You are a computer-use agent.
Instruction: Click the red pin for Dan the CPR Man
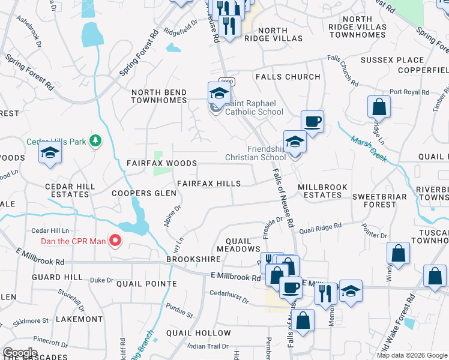coord(114,242)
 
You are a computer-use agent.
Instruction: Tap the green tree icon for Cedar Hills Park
coord(94,141)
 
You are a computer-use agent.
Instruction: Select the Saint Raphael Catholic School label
coord(254,112)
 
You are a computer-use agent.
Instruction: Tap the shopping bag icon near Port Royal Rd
coord(379,108)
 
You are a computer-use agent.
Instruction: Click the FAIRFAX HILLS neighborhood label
coord(208,184)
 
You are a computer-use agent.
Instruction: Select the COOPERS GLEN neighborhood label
coord(144,193)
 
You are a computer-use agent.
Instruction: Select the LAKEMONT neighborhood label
coord(79,319)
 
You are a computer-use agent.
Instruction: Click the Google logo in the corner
coord(20,352)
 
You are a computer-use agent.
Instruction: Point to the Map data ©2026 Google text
coord(411,355)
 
